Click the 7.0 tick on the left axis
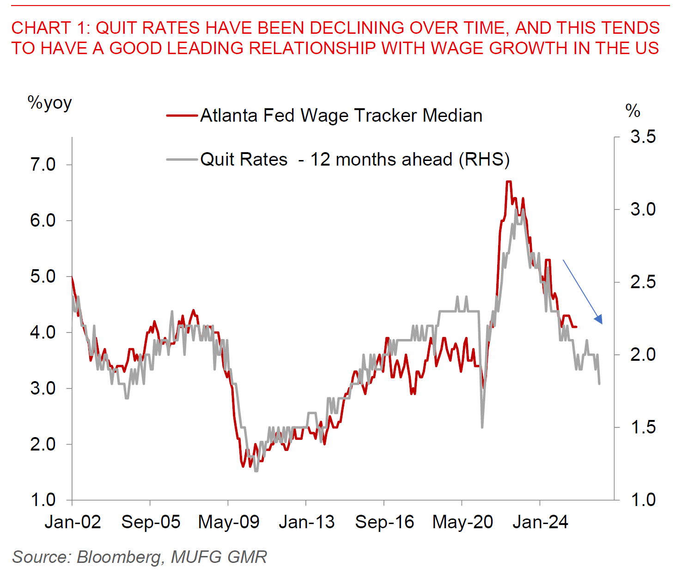pyautogui.click(x=43, y=165)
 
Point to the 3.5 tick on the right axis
pyautogui.click(x=643, y=137)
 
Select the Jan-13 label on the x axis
pyautogui.click(x=306, y=522)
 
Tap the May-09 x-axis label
pyautogui.click(x=229, y=522)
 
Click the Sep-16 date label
pyautogui.click(x=384, y=522)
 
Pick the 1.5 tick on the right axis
pyautogui.click(x=643, y=427)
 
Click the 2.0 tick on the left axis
pyautogui.click(x=43, y=444)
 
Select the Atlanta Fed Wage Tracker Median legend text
pyautogui.click(x=341, y=116)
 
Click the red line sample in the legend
pyautogui.click(x=182, y=116)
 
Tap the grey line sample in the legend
pyautogui.click(x=182, y=160)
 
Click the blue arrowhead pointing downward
pyautogui.click(x=599, y=320)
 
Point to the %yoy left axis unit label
pyautogui.click(x=50, y=103)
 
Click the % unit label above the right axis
pyautogui.click(x=633, y=111)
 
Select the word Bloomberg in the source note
pyautogui.click(x=119, y=557)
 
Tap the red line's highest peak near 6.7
pyautogui.click(x=508, y=182)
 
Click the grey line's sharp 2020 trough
pyautogui.click(x=482, y=426)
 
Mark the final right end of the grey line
pyautogui.click(x=599, y=383)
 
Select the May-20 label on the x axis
pyautogui.click(x=463, y=522)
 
